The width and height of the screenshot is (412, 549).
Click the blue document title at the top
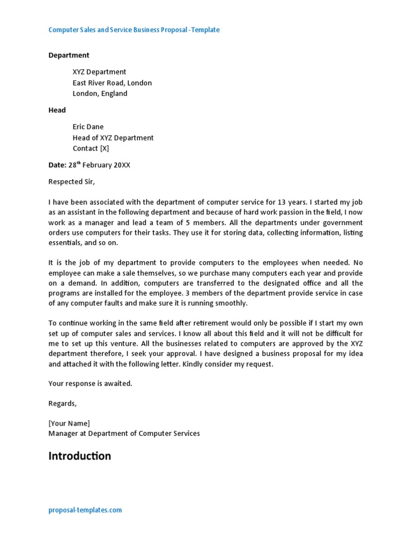[x=134, y=30]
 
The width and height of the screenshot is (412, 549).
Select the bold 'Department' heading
[x=69, y=55]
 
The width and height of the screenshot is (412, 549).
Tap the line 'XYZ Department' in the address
[x=99, y=72]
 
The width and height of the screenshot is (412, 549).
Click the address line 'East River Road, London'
[x=112, y=83]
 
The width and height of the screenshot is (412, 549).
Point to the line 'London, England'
[x=100, y=93]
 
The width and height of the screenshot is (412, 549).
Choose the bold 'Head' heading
[x=57, y=110]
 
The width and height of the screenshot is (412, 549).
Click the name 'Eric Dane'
[x=88, y=127]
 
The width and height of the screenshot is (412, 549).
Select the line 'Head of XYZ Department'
[x=113, y=138]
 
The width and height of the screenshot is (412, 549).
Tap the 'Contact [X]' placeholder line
[x=91, y=149]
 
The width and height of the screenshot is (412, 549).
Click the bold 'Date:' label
[x=57, y=165]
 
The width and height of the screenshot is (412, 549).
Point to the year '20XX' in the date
[x=121, y=165]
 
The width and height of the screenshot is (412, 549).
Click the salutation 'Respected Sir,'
[x=71, y=181]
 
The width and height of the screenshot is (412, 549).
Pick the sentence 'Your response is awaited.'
[x=90, y=383]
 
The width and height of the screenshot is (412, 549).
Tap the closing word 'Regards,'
[x=63, y=403]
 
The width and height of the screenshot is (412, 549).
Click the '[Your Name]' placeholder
[x=69, y=423]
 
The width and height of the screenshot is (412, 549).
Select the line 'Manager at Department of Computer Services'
[x=124, y=433]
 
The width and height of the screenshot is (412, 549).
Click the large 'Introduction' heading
[x=80, y=456]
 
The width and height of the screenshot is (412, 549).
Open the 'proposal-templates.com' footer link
[x=85, y=510]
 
